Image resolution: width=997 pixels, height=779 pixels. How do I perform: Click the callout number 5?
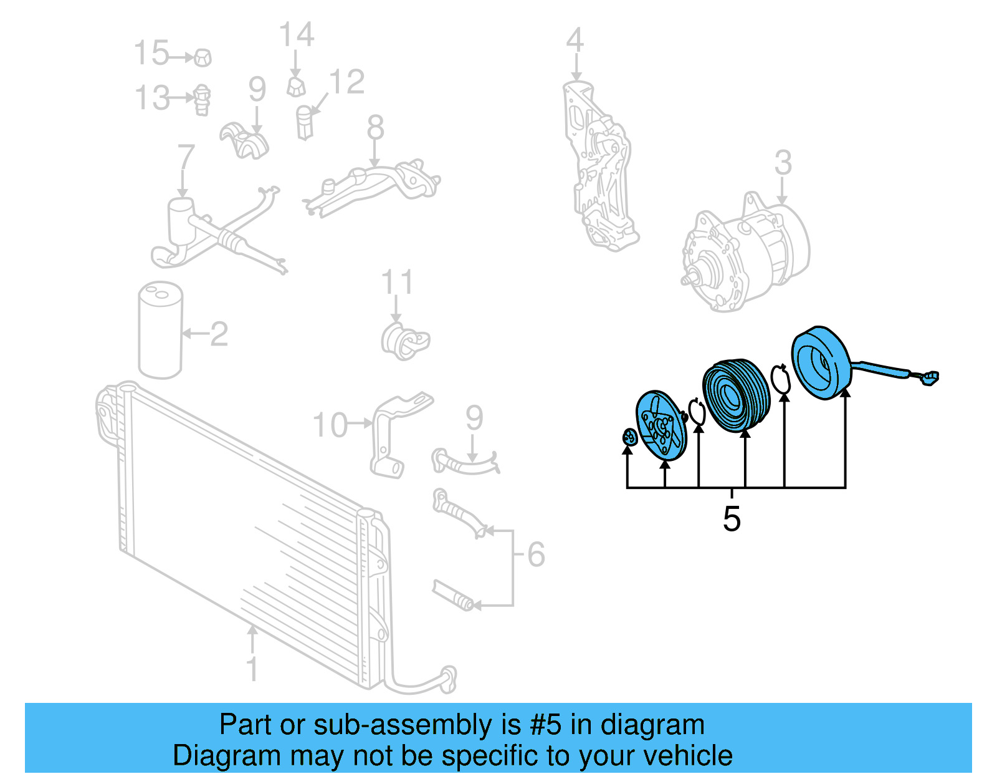point(732,519)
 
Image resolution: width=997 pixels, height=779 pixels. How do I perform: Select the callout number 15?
point(151,52)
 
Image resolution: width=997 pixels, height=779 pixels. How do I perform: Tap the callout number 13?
point(152,98)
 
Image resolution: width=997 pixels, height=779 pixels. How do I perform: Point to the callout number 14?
point(297,34)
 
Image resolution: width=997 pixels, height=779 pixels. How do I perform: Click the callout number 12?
point(347,82)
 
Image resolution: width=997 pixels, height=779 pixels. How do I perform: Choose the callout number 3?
point(783,162)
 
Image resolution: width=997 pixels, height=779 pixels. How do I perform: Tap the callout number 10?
point(330,425)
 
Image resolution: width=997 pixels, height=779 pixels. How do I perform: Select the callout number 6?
point(536,554)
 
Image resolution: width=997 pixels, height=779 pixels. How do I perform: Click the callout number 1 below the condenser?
point(252,669)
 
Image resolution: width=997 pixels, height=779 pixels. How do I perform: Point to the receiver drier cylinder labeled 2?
point(161,330)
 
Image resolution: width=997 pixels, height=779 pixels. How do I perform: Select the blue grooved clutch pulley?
point(736,395)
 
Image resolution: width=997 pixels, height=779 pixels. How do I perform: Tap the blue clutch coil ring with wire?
point(822,363)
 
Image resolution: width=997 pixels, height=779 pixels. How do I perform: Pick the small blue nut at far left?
point(629,437)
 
